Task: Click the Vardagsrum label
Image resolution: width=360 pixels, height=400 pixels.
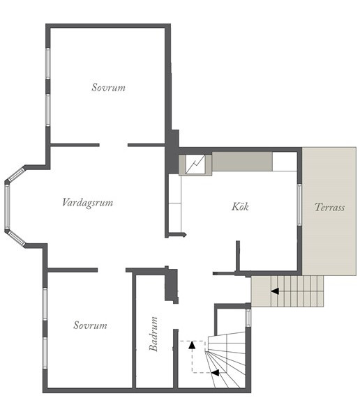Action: [x=88, y=203]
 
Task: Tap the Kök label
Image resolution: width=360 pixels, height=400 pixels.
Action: [x=240, y=206]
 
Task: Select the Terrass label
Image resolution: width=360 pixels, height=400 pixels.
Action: [x=329, y=207]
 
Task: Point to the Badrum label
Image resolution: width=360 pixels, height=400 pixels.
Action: [x=153, y=334]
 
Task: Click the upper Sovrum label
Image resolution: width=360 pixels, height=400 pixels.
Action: [x=109, y=88]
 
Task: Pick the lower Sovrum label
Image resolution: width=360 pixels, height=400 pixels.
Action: [x=90, y=325]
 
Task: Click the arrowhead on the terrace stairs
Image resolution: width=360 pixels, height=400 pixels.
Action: [x=275, y=291]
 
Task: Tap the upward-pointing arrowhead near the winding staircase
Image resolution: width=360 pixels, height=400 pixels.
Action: [x=192, y=345]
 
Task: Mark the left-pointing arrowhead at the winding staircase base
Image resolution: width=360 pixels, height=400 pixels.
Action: [x=216, y=373]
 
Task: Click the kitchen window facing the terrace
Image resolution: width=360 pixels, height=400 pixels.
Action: [x=299, y=205]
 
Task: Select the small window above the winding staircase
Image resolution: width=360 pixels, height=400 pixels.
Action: [x=248, y=318]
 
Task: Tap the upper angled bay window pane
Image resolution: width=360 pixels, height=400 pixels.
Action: [x=16, y=174]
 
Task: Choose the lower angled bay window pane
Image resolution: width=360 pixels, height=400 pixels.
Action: [x=16, y=238]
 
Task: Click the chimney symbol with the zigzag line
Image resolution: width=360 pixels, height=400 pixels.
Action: [x=195, y=164]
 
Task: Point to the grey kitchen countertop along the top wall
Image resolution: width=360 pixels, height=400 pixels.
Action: [x=242, y=162]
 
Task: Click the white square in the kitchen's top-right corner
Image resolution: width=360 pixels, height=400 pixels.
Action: [x=285, y=162]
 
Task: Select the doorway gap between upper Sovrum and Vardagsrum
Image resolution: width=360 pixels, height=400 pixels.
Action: [x=114, y=145]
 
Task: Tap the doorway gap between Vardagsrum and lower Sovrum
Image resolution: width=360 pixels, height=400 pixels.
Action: [x=112, y=270]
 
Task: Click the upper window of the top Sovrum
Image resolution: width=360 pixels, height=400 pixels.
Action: [x=48, y=63]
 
